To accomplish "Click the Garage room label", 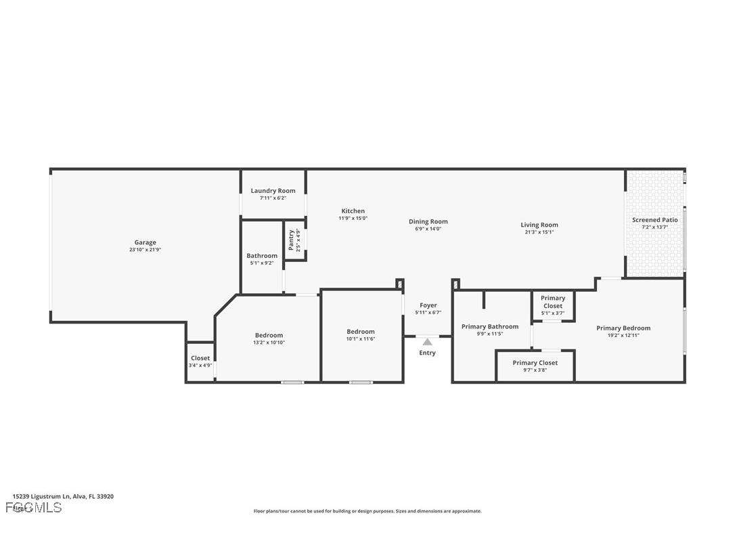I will (x=145, y=242).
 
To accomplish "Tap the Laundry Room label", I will (x=273, y=191).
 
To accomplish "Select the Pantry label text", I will (x=292, y=240).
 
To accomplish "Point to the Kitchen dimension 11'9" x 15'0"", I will (x=353, y=219).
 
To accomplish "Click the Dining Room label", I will (x=428, y=221).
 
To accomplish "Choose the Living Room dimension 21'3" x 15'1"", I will (x=539, y=232).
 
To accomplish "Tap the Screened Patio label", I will (x=654, y=220).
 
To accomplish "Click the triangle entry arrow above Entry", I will (x=427, y=342).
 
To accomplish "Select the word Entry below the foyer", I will (x=427, y=353).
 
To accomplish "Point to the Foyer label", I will (x=428, y=305).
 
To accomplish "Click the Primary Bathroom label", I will (x=490, y=326).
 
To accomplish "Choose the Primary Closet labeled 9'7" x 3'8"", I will (x=535, y=363).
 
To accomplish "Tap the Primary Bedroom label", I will (x=623, y=328).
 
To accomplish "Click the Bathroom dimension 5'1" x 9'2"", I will (x=261, y=263).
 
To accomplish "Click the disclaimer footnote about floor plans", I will (x=367, y=511).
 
